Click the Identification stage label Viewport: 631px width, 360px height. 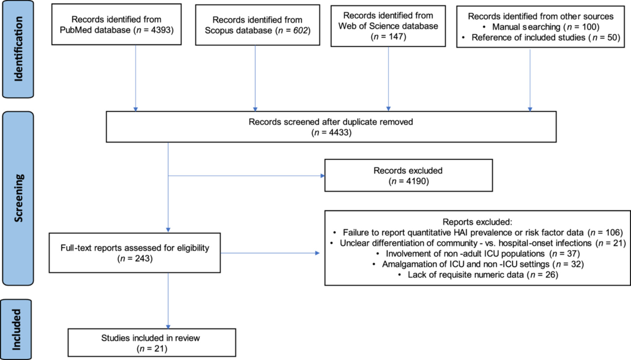point(18,49)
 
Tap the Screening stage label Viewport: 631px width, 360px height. point(18,198)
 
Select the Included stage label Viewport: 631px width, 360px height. point(16,329)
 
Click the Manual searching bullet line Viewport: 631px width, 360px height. point(541,27)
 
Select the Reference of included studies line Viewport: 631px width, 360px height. point(541,37)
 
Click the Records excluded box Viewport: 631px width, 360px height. point(409,175)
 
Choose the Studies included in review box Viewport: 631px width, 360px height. point(152,343)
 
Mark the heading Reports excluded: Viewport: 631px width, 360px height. point(477,222)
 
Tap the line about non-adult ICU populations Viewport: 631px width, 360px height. point(478,253)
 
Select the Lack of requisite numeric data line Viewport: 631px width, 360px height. point(478,275)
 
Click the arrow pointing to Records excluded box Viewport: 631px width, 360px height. point(246,176)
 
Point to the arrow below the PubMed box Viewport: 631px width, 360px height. point(136,78)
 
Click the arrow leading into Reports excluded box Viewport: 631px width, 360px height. point(270,253)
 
